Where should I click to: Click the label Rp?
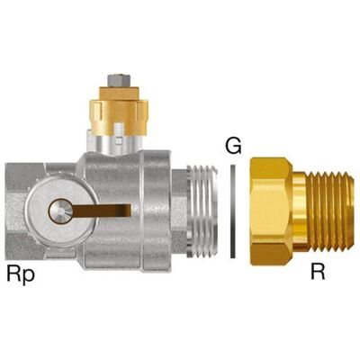(21, 274)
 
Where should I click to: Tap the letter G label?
(233, 147)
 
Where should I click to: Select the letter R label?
(318, 272)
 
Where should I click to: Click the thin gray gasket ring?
(233, 211)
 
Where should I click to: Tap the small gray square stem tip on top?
(119, 80)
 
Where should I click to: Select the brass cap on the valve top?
(119, 111)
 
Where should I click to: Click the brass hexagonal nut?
(272, 211)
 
